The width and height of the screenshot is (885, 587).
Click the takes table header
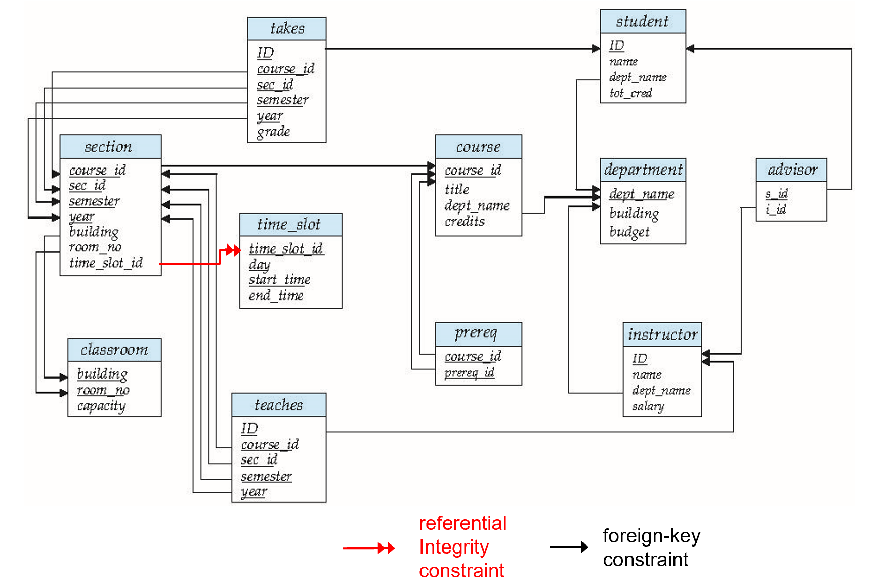[x=287, y=29]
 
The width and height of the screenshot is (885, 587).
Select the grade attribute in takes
[x=273, y=132]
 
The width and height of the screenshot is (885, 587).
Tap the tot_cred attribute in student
[x=630, y=93]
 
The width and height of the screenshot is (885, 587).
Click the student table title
[x=642, y=22]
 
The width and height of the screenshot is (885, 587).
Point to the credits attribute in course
[x=465, y=222]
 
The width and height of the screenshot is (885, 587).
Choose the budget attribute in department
[x=629, y=232]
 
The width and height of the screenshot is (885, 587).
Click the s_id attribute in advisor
[x=776, y=194]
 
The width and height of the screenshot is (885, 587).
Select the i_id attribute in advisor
[x=776, y=209]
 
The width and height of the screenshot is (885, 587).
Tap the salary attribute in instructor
[x=648, y=406]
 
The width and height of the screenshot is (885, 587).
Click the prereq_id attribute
[x=469, y=373]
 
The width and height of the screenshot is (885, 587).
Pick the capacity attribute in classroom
[x=101, y=406]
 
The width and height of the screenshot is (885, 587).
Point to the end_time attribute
[x=276, y=296]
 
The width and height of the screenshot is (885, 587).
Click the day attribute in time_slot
[x=259, y=265]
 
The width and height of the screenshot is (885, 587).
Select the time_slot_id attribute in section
[x=106, y=263]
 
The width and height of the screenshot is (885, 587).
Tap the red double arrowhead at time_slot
[x=233, y=250]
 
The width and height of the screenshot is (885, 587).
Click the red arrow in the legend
[x=368, y=548]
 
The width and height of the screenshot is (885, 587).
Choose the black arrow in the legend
[x=569, y=547]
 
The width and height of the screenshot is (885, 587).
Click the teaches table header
[x=278, y=405]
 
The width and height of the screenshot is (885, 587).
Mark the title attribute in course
[x=456, y=190]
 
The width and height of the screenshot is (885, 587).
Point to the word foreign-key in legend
[x=651, y=536]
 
